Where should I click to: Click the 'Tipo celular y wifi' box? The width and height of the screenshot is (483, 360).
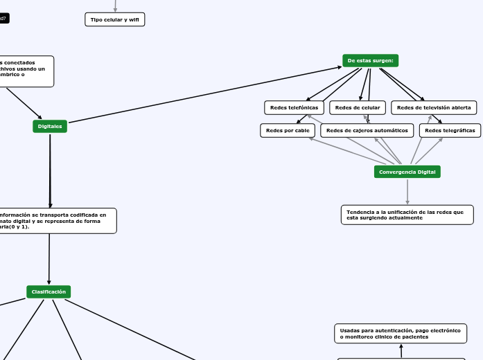pos(115,19)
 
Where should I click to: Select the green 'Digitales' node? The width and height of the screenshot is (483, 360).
pos(50,126)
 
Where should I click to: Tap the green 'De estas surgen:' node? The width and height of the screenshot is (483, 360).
pos(370,60)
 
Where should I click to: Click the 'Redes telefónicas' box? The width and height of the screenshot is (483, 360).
pos(294,107)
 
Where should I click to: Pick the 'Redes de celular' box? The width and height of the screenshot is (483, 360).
pos(357,107)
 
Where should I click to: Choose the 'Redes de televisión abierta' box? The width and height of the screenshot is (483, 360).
pos(434,107)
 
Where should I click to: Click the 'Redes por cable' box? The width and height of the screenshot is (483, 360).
pos(288,130)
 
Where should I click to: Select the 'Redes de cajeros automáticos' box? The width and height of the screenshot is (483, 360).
pos(367,130)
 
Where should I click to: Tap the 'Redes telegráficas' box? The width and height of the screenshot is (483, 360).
pos(450,130)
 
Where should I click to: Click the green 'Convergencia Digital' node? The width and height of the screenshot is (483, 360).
pos(407,172)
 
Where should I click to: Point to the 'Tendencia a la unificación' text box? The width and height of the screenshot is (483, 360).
pos(407,215)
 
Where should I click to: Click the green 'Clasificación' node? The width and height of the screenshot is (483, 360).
pos(49,291)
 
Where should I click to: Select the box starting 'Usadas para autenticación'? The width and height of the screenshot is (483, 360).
pos(400,334)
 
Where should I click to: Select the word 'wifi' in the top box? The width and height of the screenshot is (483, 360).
pos(134,19)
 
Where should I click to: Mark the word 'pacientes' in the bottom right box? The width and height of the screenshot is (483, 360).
pos(412,337)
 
